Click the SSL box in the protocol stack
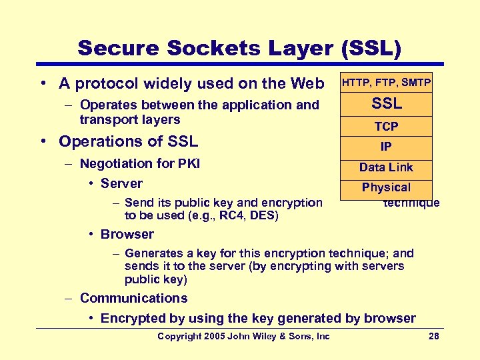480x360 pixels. click(386, 104)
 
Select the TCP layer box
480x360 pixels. click(386, 126)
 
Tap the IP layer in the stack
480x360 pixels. click(386, 147)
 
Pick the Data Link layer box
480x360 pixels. click(386, 167)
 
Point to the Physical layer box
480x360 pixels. click(386, 187)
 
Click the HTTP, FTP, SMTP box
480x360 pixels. click(386, 83)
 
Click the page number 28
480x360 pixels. click(433, 336)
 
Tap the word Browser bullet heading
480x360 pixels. click(127, 234)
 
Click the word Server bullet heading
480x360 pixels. click(121, 183)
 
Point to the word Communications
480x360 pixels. click(133, 298)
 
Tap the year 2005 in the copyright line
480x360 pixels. click(215, 336)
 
